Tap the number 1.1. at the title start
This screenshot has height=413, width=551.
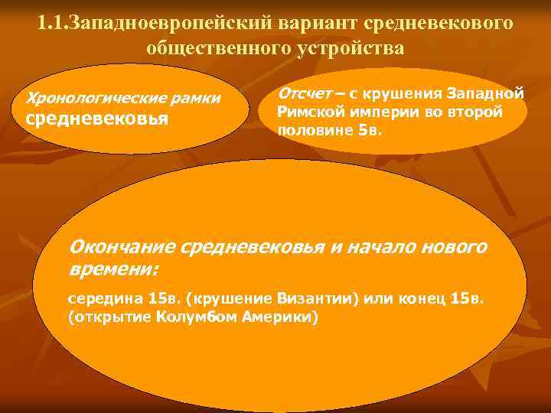52,23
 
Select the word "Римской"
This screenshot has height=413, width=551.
305,112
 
